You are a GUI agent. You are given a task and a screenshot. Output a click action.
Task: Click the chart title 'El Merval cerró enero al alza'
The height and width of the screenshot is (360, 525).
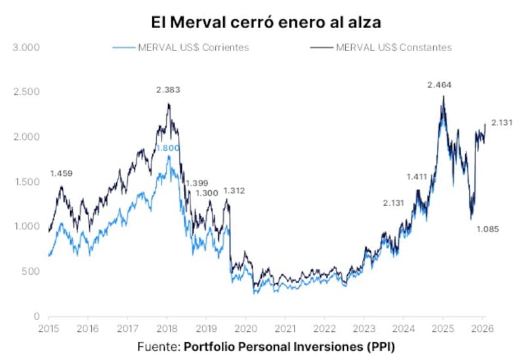pyautogui.click(x=262, y=22)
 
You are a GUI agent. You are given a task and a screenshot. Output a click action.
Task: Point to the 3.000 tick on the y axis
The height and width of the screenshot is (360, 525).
pyautogui.click(x=27, y=47)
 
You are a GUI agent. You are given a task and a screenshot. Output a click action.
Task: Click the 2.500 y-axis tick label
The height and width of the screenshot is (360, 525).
pyautogui.click(x=27, y=92)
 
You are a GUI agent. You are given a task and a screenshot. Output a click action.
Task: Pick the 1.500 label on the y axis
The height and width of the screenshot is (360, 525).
pyautogui.click(x=27, y=182)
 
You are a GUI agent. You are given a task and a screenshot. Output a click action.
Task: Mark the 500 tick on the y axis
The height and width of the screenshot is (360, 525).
pyautogui.click(x=31, y=271)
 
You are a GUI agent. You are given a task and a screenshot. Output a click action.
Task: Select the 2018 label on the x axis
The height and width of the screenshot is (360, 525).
pyautogui.click(x=167, y=328)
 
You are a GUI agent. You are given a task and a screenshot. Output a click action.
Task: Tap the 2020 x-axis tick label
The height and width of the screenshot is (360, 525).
pyautogui.click(x=246, y=328)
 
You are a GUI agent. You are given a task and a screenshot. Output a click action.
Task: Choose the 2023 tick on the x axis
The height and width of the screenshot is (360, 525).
pyautogui.click(x=364, y=328)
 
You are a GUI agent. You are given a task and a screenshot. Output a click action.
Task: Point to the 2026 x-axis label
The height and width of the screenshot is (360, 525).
pyautogui.click(x=482, y=328)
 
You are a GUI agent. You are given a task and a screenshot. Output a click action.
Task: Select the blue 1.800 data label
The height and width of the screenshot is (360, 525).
pyautogui.click(x=167, y=148)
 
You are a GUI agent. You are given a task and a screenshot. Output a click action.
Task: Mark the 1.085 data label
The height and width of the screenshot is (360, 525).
pyautogui.click(x=488, y=229)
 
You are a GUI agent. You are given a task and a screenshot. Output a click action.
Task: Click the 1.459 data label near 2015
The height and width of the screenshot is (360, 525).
pyautogui.click(x=61, y=174)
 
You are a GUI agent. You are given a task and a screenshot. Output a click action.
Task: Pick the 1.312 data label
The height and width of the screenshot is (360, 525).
pyautogui.click(x=234, y=191)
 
